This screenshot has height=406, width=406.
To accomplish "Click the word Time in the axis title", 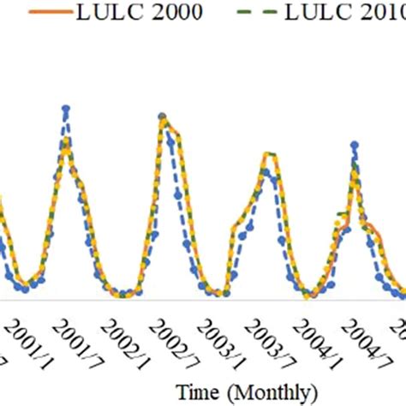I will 198,392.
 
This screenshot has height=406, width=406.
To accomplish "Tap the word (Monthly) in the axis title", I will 267,392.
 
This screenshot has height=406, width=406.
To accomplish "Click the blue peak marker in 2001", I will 65,108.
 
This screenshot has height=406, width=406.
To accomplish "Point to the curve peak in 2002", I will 162,116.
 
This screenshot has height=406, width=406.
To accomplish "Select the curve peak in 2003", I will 268,154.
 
